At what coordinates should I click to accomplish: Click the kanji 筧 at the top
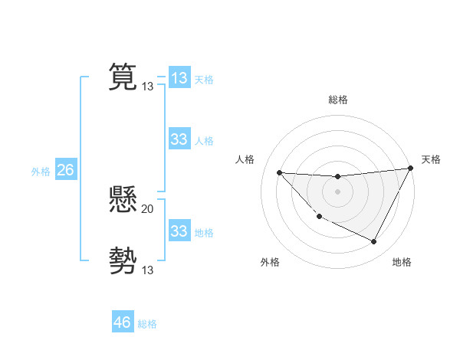tap(123, 77)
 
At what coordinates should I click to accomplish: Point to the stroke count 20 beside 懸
tap(148, 209)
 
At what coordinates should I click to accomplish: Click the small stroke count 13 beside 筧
tap(148, 87)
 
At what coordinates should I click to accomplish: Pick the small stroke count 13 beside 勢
tap(148, 270)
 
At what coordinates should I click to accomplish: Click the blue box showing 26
tap(65, 170)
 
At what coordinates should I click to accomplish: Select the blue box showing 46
tap(123, 322)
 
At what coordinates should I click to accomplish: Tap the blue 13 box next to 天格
tap(179, 78)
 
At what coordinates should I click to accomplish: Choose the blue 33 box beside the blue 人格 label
tap(179, 139)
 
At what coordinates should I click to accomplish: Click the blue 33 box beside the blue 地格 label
tap(179, 231)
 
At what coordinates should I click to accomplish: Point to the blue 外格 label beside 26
tap(41, 172)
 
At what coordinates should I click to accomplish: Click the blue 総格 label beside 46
tap(147, 324)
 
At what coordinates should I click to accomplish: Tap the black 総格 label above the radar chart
tap(338, 100)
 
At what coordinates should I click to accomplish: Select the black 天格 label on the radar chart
tap(431, 159)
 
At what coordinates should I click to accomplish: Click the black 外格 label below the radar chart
tap(270, 262)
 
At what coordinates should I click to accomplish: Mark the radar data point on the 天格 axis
tap(411, 169)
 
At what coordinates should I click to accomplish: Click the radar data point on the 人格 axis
tap(279, 172)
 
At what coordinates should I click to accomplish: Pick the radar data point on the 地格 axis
tap(374, 242)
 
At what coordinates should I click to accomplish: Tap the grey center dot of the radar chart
tap(337, 191)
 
